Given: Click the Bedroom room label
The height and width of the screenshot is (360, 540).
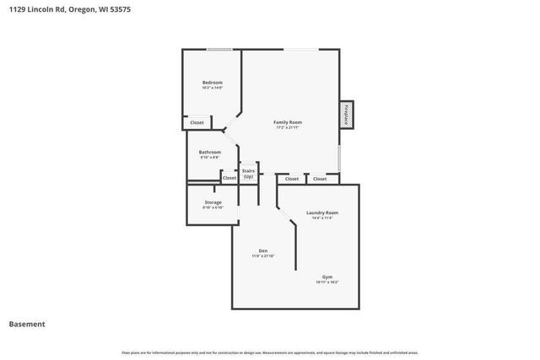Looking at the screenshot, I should pos(211,82).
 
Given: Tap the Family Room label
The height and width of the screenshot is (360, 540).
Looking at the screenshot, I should pos(288,122).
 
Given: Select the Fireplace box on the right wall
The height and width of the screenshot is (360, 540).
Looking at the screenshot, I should pos(346,115).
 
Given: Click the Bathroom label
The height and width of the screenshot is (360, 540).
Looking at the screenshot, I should pos(210,152).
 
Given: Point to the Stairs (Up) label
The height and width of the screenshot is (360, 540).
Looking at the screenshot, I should pos(248,174).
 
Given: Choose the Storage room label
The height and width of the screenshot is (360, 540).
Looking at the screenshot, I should pos(213,202).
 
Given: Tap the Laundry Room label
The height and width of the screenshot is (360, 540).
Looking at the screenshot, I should pos(321,212).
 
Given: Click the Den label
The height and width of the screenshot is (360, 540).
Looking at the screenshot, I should pos(262,250).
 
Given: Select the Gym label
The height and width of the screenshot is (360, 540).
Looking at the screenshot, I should pos(327,277).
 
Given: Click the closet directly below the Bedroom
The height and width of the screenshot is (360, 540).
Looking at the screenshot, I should pos(197,123).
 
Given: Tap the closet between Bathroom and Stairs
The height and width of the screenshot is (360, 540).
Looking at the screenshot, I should pos(229,178).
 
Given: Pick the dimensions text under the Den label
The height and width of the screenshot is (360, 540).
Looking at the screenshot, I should pos(262,256).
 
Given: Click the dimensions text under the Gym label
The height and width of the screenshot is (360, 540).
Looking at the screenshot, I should pos(327,282).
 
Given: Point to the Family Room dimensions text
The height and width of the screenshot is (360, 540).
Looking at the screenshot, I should pos(288,128).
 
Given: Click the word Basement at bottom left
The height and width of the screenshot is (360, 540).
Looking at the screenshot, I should pos(27,324).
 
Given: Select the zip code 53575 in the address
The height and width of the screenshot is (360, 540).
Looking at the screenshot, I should pos(119,9).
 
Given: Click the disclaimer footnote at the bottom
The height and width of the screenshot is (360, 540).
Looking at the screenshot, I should pos(269,352).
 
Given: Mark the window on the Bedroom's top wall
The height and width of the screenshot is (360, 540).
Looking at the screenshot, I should pos(220,50).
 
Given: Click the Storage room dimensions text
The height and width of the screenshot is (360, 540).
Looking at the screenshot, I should pos(213,207).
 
